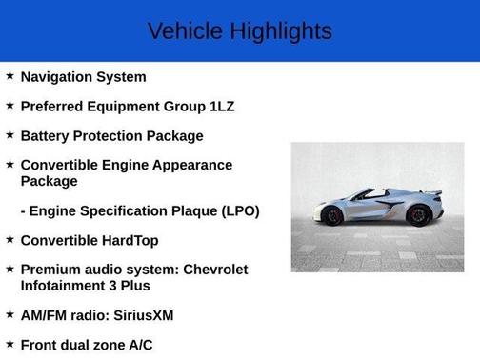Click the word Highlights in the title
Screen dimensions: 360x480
pyautogui.click(x=281, y=31)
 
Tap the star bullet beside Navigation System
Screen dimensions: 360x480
pyautogui.click(x=10, y=76)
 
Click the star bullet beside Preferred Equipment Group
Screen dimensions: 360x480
pyautogui.click(x=10, y=106)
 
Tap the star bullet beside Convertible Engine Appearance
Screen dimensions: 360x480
pyautogui.click(x=10, y=165)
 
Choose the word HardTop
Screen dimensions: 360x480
pyautogui.click(x=125, y=240)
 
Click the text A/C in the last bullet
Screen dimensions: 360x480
pyautogui.click(x=138, y=345)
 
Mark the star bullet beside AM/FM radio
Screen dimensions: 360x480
pyautogui.click(x=10, y=314)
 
